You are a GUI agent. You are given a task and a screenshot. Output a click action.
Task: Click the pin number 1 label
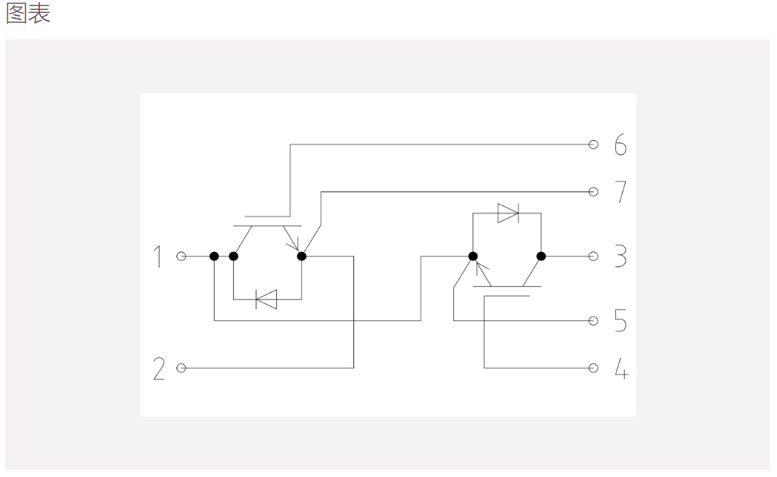point(157,257)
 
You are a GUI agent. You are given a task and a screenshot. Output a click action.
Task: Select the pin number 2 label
point(159,369)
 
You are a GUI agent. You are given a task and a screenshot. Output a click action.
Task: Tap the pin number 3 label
point(620,257)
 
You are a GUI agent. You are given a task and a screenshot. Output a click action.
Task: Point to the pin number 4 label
point(621,369)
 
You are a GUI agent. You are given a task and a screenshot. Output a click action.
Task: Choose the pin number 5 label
point(620,320)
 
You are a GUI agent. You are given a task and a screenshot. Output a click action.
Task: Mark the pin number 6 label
point(620,145)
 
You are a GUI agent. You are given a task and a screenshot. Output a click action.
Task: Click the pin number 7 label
point(620,192)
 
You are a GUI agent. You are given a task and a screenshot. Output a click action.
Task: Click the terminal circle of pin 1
point(182,257)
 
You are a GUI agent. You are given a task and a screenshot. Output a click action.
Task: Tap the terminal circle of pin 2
point(182,368)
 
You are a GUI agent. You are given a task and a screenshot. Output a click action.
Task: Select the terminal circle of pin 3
point(593,257)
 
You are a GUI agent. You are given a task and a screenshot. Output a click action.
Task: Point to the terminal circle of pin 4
point(593,368)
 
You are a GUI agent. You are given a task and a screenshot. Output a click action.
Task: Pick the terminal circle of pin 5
point(593,321)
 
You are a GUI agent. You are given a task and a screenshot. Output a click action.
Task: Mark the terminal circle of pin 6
point(593,145)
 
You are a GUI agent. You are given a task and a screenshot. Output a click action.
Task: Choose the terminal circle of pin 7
point(593,192)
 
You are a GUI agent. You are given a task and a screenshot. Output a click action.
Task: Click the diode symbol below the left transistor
point(266,300)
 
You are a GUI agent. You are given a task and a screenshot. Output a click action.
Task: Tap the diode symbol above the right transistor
point(508,214)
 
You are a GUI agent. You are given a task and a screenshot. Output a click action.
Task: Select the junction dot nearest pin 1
point(214,257)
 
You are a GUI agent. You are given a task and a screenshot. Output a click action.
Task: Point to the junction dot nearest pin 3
point(541,257)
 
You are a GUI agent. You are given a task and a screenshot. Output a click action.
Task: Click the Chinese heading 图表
point(28,14)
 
